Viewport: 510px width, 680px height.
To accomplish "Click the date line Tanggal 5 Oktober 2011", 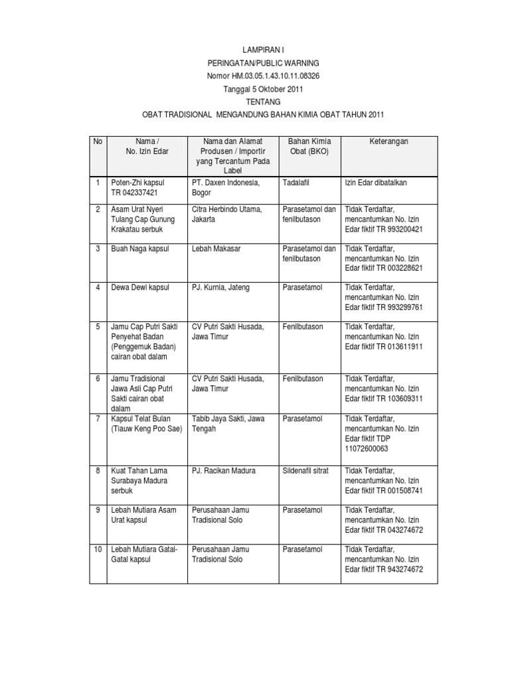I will pyautogui.click(x=264, y=88).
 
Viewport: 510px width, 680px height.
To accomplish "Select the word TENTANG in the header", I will pyautogui.click(x=264, y=102).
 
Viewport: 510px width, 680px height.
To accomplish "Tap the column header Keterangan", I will pyautogui.click(x=389, y=141).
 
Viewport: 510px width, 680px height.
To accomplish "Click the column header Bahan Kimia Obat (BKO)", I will pyautogui.click(x=309, y=146).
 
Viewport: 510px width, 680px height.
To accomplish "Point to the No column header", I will pyautogui.click(x=98, y=141).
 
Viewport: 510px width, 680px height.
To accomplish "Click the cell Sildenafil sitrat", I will pyautogui.click(x=307, y=470).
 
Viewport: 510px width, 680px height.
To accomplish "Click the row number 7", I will pyautogui.click(x=98, y=418).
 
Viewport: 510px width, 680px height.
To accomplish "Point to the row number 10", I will pyautogui.click(x=98, y=549).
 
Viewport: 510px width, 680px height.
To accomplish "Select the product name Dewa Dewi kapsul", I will pyautogui.click(x=141, y=288).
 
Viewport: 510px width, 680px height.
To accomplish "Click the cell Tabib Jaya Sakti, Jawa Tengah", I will pyautogui.click(x=228, y=424).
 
